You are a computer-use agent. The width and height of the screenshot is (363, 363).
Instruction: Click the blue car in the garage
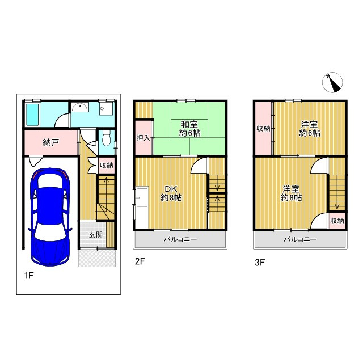coord(50,217)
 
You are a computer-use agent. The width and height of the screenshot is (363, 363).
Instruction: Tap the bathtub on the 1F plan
coord(32,115)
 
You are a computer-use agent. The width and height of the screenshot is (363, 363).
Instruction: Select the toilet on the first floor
coord(107,138)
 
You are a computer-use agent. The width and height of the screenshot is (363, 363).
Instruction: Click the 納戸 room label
coord(50,142)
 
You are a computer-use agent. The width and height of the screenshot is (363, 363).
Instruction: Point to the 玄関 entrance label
coord(96,235)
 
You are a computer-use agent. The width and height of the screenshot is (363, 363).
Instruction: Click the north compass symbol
coord(332,83)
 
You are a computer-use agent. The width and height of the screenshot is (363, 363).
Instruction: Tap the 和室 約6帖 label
coord(189,129)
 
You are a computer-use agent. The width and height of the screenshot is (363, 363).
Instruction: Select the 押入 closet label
coord(143,138)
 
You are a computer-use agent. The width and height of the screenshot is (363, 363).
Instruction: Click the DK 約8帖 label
coord(171,193)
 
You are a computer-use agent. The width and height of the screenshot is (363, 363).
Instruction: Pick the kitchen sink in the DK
coord(142,197)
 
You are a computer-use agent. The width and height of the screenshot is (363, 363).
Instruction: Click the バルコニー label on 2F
coord(180,239)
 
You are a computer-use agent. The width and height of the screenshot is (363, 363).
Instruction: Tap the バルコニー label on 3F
coord(300,239)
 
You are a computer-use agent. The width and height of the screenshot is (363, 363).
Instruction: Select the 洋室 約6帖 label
coord(310,129)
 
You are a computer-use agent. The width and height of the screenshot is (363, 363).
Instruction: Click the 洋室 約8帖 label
coord(291,193)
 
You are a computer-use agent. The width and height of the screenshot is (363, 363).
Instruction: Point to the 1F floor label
coord(29,276)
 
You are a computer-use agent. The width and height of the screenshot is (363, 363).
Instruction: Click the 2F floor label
coord(140,261)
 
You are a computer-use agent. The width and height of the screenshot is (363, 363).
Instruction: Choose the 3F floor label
coord(260,263)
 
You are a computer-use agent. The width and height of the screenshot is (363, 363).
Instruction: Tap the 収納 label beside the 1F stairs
coord(106,166)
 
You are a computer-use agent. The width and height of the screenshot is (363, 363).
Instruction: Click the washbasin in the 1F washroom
coord(79,107)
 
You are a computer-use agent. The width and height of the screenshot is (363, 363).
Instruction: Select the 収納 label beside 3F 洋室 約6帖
coord(263,129)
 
